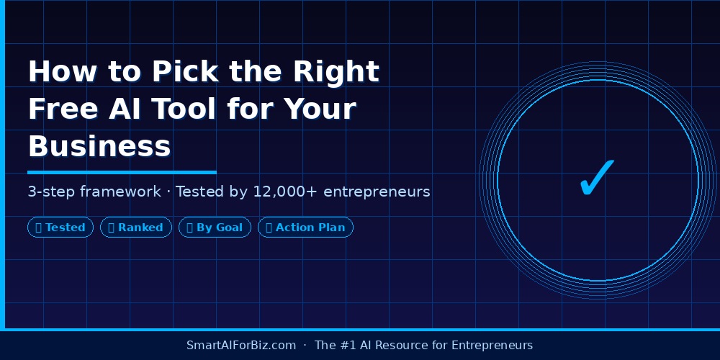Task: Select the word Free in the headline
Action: (61, 109)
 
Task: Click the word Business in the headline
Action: (99, 147)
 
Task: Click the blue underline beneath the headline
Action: (122, 172)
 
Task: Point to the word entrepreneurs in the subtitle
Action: (377, 192)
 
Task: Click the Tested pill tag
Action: (60, 228)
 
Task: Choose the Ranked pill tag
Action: (136, 228)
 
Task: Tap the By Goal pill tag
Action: (215, 228)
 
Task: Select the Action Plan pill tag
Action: (305, 228)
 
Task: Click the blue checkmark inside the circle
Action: (597, 177)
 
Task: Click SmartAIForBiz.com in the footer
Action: (241, 345)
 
